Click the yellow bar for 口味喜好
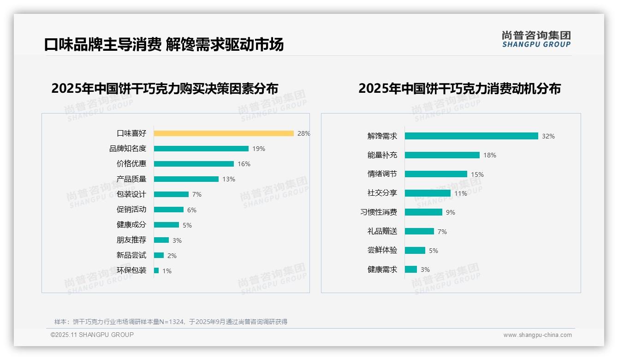click(224, 133)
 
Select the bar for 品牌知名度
click(201, 149)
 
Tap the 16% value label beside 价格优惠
click(244, 164)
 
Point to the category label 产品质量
click(131, 179)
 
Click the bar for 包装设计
click(171, 194)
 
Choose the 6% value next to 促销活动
click(192, 210)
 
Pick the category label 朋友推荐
click(131, 240)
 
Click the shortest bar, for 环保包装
click(156, 270)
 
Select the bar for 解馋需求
click(471, 136)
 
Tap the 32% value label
click(548, 136)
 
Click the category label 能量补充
click(382, 155)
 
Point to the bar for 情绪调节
click(436, 174)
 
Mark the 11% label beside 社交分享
click(461, 193)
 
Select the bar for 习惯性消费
click(423, 212)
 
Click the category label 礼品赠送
click(382, 231)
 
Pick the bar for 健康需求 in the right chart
click(411, 270)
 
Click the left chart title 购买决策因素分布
click(165, 89)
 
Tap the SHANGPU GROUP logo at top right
click(536, 39)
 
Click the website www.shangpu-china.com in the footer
click(537, 335)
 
